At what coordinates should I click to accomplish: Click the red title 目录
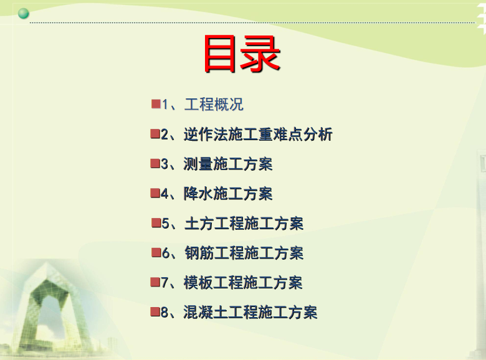point(242,54)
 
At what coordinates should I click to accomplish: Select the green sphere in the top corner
point(24,14)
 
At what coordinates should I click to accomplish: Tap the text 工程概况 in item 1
point(214,105)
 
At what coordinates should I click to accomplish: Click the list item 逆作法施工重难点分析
point(258,134)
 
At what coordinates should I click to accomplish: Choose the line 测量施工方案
point(228,164)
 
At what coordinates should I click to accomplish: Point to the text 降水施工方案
point(228,194)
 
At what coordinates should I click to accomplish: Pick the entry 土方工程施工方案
point(244,224)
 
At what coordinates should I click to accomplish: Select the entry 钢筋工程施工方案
point(244,253)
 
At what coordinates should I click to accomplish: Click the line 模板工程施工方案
point(243,283)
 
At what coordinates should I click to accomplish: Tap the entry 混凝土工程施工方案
point(250,312)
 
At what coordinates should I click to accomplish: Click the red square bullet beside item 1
point(156,104)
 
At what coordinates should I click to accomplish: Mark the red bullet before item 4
point(155,193)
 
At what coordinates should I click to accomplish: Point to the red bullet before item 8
point(155,311)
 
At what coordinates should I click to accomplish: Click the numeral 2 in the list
point(164,135)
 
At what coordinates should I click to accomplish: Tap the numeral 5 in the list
point(166,224)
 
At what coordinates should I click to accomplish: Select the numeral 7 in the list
point(164,283)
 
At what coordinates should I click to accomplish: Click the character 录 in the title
point(260,54)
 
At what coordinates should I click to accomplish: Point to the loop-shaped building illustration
point(53,306)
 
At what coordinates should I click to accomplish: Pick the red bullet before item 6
point(156,252)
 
